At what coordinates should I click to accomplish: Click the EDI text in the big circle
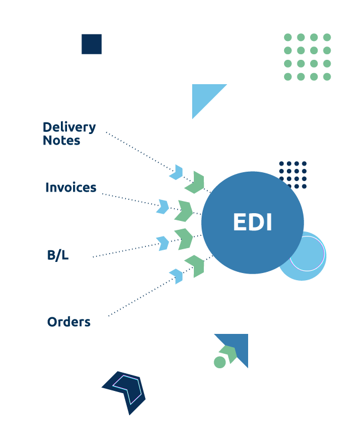click(x=253, y=223)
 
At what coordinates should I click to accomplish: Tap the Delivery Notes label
click(x=69, y=134)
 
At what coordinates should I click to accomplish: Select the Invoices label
click(x=71, y=188)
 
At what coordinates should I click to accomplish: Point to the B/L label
click(x=58, y=255)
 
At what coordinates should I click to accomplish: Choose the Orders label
click(x=69, y=322)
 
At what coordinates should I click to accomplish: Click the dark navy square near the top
click(x=91, y=44)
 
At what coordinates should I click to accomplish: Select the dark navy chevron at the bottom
click(x=125, y=391)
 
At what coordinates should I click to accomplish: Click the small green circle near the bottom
click(x=220, y=362)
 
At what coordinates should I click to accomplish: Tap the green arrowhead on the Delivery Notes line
click(x=196, y=182)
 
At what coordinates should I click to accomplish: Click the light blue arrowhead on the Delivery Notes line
click(x=177, y=172)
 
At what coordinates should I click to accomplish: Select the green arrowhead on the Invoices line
click(x=184, y=211)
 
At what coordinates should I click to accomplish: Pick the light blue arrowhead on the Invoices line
click(x=163, y=207)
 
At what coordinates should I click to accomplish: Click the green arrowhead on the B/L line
click(x=184, y=239)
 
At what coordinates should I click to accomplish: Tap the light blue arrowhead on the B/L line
click(x=163, y=243)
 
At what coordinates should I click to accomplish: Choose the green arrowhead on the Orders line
click(x=196, y=266)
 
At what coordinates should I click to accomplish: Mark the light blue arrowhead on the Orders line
click(x=177, y=276)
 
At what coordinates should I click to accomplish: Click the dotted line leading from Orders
click(x=138, y=299)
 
